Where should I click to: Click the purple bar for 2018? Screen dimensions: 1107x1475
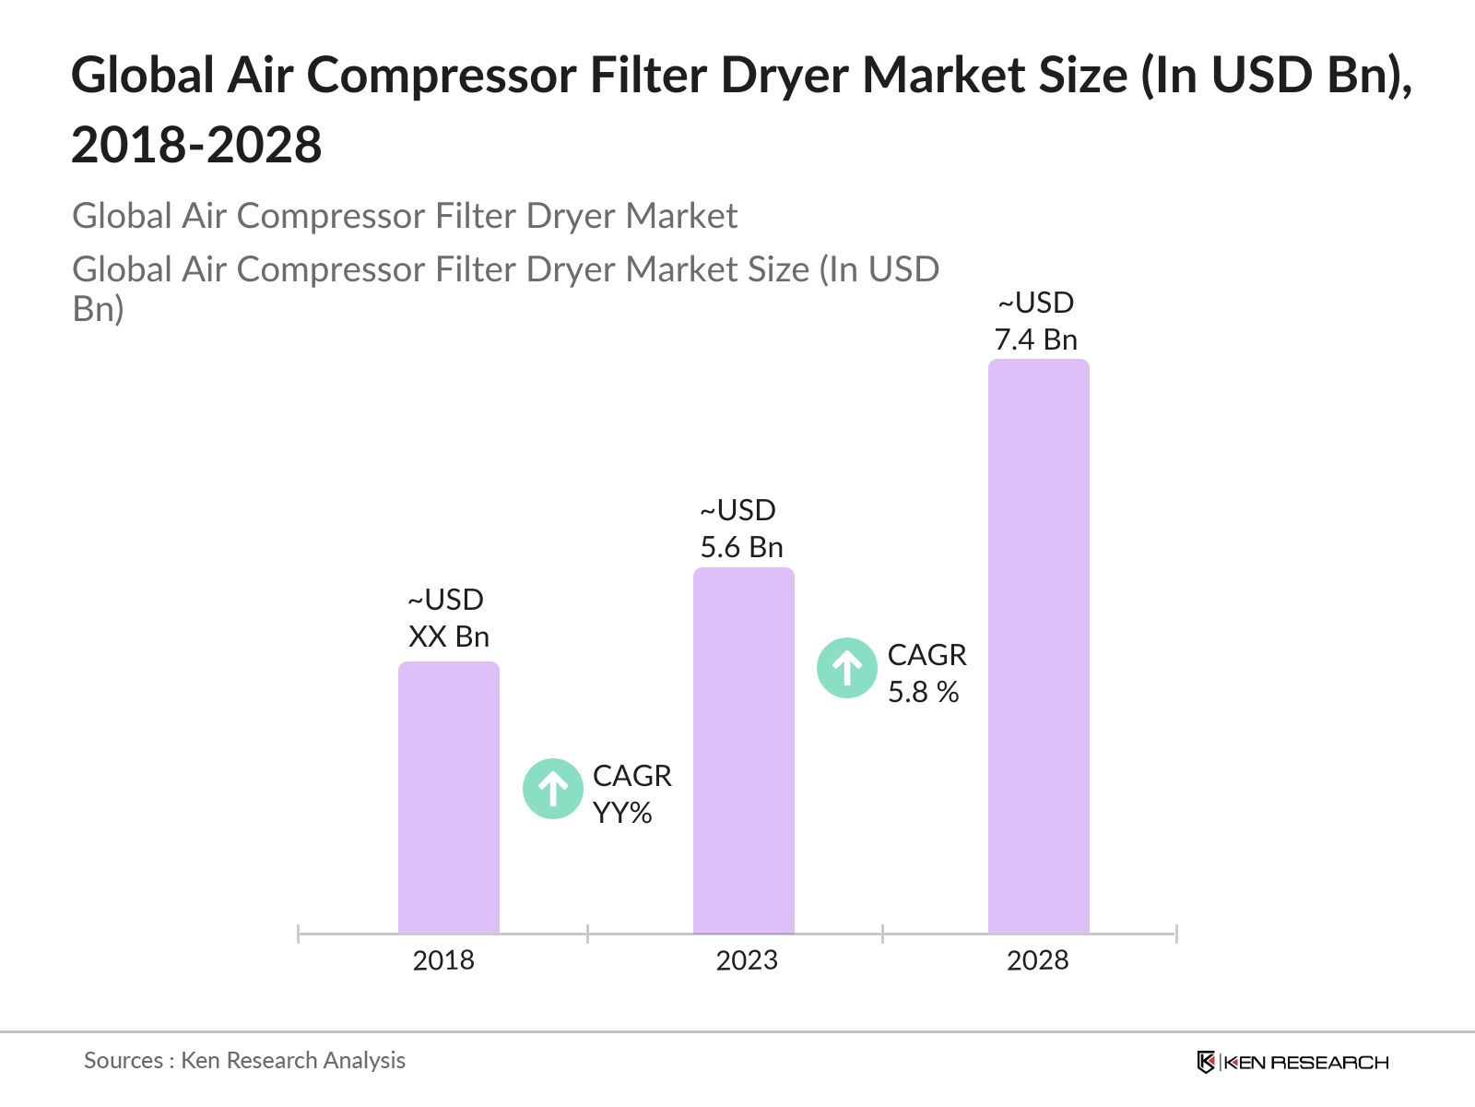click(x=448, y=798)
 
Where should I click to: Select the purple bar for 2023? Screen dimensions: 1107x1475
click(x=743, y=751)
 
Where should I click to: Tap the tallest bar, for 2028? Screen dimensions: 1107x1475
click(x=1038, y=647)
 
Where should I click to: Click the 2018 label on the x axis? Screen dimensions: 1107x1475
click(x=443, y=960)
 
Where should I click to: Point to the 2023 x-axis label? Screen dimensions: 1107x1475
click(x=747, y=960)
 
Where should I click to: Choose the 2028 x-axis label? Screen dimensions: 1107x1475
click(x=1037, y=960)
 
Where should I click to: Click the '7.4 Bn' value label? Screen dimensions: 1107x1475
click(x=1035, y=339)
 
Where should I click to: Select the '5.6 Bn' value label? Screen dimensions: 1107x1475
click(x=741, y=547)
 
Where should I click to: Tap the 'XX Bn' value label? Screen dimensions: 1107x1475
click(x=448, y=637)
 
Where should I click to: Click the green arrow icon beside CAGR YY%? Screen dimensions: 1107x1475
click(x=552, y=789)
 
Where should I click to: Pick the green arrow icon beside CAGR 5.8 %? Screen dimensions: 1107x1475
click(x=846, y=667)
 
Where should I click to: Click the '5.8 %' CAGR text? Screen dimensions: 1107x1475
click(x=923, y=692)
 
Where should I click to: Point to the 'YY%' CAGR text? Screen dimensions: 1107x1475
click(x=622, y=813)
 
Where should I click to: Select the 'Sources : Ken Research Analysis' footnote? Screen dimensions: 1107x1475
click(x=244, y=1061)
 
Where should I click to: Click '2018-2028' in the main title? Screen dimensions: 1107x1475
click(x=196, y=146)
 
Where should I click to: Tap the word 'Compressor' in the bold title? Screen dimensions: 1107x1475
click(x=441, y=75)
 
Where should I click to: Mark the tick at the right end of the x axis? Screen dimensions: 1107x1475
click(x=1176, y=934)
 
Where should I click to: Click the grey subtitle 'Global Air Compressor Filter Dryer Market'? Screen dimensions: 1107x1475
click(x=405, y=216)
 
